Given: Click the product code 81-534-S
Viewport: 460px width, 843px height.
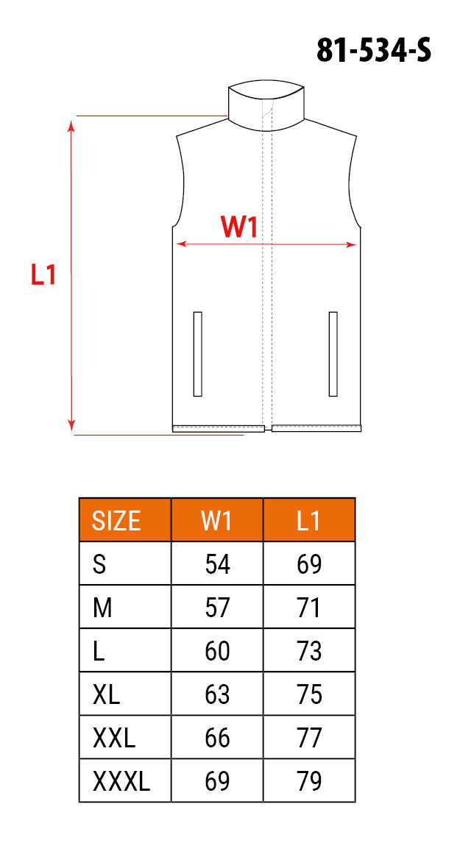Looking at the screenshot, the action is [x=373, y=51].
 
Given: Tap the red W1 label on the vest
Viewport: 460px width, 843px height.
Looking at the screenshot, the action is [x=239, y=227].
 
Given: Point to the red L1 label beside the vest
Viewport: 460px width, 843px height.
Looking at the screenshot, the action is [x=43, y=274].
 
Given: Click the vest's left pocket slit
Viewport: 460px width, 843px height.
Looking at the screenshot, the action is [x=197, y=354].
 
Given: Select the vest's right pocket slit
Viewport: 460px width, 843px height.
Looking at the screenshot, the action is [x=333, y=354].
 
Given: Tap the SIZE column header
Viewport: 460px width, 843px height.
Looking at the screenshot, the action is [x=117, y=520].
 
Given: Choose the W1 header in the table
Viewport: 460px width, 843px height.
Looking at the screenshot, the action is [x=217, y=520].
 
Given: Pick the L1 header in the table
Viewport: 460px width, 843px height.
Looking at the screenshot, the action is [x=309, y=520].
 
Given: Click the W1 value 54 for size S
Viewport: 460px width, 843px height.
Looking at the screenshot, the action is [x=217, y=564].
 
